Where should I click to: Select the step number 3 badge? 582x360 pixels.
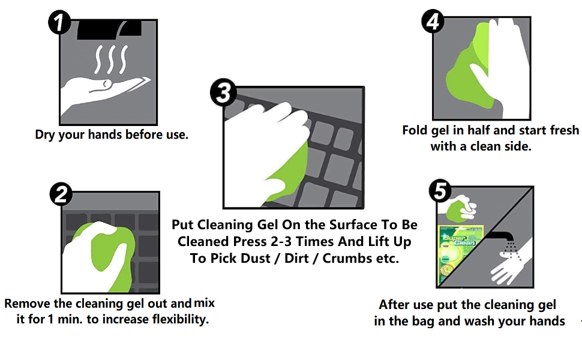pos(223,93)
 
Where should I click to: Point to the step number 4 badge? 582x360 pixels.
pos(432,22)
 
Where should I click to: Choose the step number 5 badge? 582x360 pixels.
pos(440,191)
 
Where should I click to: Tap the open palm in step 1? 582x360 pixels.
pos(102,90)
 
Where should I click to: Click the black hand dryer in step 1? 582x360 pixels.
pos(108,28)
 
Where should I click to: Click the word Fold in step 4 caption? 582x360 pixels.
pos(415,130)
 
